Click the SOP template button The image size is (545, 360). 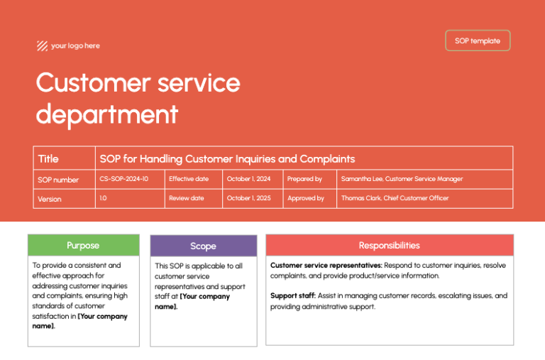click(x=477, y=40)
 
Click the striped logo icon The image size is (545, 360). click(x=42, y=46)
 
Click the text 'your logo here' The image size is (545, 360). click(x=75, y=46)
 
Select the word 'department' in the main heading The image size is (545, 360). click(x=106, y=114)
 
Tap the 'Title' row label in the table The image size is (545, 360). click(x=48, y=159)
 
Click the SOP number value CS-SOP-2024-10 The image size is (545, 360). click(x=124, y=179)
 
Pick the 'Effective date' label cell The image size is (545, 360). click(x=188, y=179)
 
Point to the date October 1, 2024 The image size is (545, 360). click(x=249, y=179)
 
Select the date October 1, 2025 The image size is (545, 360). click(x=249, y=198)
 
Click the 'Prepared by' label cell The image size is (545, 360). click(x=304, y=179)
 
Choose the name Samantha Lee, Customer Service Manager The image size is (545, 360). click(x=402, y=179)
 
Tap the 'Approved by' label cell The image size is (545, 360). click(x=306, y=198)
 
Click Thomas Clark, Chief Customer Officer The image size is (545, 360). click(x=395, y=198)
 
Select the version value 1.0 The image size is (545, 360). click(x=104, y=198)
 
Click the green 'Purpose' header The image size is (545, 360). click(x=83, y=246)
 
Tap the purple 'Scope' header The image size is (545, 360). click(x=203, y=246)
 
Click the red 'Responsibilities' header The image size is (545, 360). click(x=389, y=246)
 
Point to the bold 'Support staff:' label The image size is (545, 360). click(x=293, y=295)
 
